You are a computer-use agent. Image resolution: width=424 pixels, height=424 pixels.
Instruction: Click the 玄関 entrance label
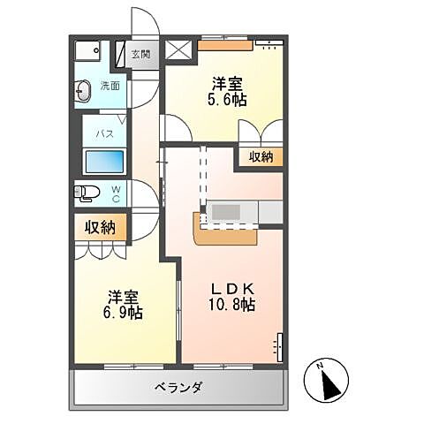click(x=141, y=55)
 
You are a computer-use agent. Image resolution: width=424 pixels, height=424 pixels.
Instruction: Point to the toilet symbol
click(x=87, y=193)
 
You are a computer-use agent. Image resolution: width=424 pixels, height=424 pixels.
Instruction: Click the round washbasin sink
click(x=84, y=89)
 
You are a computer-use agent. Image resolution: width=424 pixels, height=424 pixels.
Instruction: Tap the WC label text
click(x=117, y=193)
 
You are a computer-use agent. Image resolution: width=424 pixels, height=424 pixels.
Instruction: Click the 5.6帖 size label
click(x=228, y=101)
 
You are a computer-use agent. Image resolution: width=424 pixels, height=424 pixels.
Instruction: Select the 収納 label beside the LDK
click(x=261, y=157)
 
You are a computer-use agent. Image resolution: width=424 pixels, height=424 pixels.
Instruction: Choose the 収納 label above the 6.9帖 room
click(x=100, y=228)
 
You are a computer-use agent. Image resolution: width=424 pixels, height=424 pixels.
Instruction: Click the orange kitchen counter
click(x=225, y=234)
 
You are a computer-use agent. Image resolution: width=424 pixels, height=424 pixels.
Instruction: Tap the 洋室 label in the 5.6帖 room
click(x=228, y=84)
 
